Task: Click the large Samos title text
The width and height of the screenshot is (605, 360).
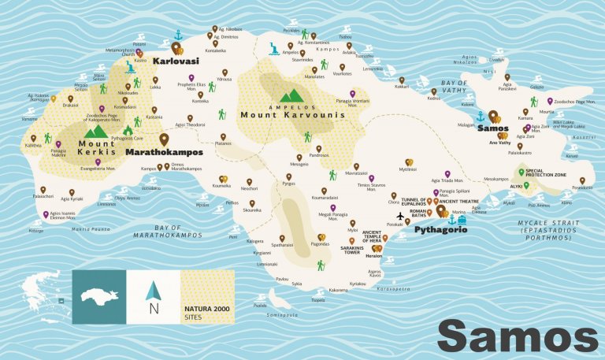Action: click(517, 336)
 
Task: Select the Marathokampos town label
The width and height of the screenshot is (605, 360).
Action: click(164, 151)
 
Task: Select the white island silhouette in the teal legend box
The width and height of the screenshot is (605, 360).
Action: click(98, 297)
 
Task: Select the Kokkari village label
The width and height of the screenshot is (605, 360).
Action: click(402, 88)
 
